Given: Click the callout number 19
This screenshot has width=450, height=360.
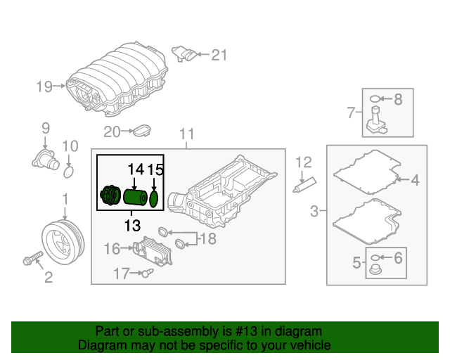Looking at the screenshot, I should coord(45,86).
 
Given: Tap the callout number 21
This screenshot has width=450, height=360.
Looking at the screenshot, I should coord(220,54).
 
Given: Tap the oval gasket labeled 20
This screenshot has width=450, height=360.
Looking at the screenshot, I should coord(143,131).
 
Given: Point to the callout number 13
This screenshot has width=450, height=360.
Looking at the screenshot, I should coord(132,226).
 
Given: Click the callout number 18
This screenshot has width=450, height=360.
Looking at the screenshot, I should coord(207,240).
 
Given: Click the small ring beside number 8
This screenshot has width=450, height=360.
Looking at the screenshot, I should coord(377,100).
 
